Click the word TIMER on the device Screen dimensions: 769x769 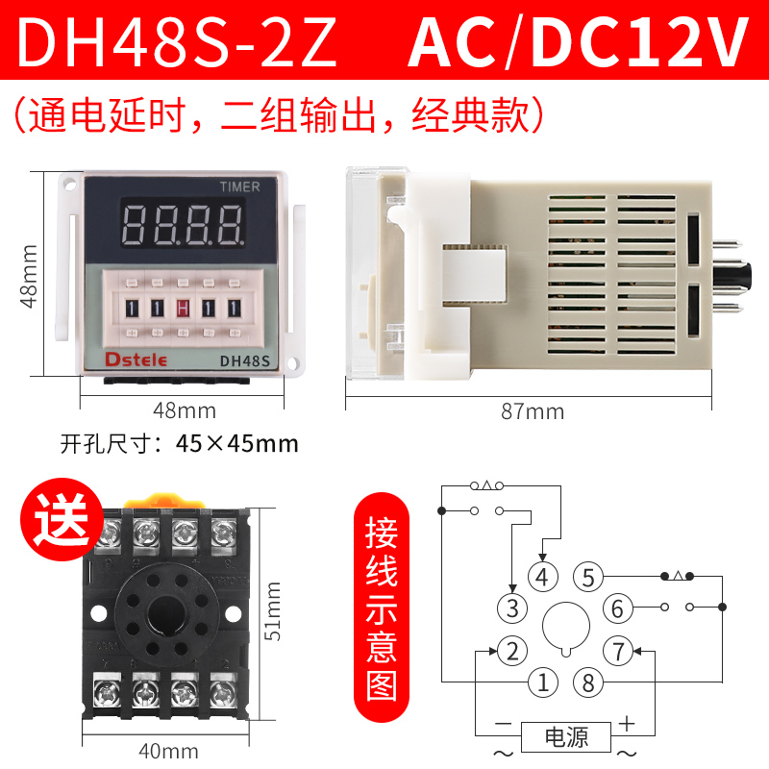[x=239, y=187]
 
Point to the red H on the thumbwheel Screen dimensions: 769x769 [x=183, y=309]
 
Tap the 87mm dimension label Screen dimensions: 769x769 [x=533, y=412]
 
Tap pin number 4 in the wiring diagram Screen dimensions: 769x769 [x=543, y=578]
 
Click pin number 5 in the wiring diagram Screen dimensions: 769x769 [x=589, y=578]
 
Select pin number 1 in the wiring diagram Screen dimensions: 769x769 [x=543, y=682]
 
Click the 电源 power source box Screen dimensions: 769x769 [x=566, y=737]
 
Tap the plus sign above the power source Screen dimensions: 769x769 [x=627, y=722]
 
